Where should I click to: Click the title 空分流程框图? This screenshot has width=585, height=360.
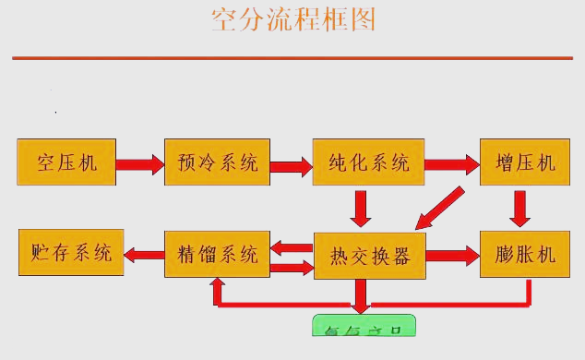(x=293, y=19)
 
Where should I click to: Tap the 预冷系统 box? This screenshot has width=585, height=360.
(x=217, y=163)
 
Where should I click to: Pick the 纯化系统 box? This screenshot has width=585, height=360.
(x=368, y=163)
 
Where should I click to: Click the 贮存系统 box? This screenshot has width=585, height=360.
(x=71, y=251)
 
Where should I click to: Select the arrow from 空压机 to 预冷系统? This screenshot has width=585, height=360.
(x=137, y=164)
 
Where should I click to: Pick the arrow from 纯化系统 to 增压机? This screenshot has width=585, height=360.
(x=452, y=164)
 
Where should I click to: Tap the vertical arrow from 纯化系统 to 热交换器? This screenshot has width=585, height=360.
(x=362, y=208)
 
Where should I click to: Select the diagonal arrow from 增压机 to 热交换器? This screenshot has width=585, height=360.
(x=439, y=207)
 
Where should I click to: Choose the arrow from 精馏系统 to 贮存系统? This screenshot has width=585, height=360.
(x=144, y=252)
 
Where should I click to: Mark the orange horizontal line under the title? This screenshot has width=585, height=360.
(x=292, y=58)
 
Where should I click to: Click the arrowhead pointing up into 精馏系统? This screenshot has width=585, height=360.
(x=217, y=288)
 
